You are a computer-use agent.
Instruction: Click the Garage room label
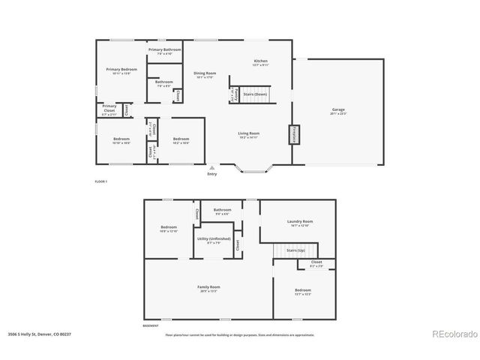[338, 109]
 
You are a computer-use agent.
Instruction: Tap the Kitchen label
[260, 61]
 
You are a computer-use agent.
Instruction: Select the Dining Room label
[205, 73]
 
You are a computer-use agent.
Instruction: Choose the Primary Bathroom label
[164, 49]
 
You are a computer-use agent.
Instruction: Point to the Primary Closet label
[109, 109]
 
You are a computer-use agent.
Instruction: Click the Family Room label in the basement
[208, 287]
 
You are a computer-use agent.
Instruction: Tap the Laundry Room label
[300, 221]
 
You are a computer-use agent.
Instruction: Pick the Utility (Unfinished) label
[214, 238]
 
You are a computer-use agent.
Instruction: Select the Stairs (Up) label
[296, 250]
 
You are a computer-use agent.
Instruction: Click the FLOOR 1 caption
[100, 182]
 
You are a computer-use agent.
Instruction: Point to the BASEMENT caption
[151, 326]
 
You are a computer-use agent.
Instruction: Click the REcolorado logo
[452, 334]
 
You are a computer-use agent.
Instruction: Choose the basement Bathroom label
[223, 210]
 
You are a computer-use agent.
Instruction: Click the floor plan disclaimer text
[240, 334]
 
